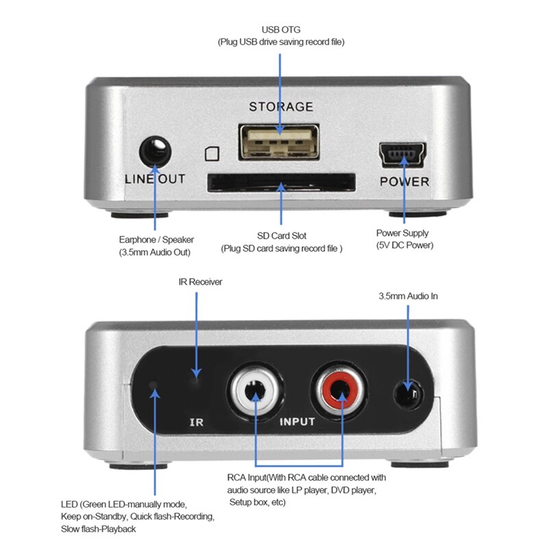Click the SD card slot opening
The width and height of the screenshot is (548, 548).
281,182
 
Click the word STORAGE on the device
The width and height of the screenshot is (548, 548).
281,107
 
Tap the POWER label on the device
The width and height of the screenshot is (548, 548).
404,182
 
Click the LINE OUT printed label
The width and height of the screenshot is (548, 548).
155,179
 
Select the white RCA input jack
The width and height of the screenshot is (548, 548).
255,390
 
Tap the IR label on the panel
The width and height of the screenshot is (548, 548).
197,423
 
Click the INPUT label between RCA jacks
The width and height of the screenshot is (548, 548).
297,422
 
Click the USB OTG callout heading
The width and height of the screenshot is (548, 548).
281,29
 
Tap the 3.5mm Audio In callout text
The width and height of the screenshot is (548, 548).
408,296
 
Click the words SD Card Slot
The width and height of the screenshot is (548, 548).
281,236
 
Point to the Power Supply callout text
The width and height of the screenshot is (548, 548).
402,234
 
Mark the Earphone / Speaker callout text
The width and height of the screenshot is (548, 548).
156,240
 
